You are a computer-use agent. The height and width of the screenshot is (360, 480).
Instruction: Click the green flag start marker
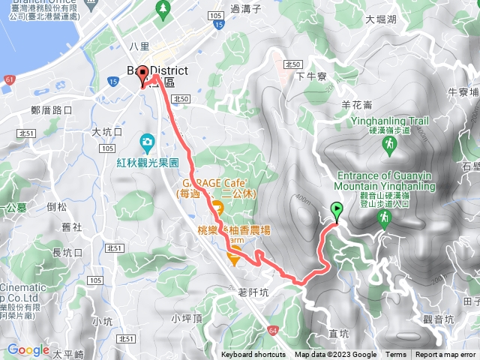coord(336,211)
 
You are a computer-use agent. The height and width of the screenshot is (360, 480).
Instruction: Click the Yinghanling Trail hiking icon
coord(388,148)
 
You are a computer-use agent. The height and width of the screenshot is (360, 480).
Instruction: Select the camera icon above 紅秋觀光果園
coord(148,141)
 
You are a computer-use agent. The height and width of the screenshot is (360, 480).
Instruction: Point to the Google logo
coord(28,349)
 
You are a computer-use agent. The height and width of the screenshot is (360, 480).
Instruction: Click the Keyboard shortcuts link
coord(253,355)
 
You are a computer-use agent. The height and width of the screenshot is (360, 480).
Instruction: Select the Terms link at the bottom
coord(396,355)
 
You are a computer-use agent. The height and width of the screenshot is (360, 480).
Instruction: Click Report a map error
coord(447,355)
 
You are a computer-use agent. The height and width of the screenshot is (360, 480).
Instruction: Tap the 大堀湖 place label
coord(379,20)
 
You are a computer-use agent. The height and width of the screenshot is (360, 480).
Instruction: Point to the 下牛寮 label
coord(310,76)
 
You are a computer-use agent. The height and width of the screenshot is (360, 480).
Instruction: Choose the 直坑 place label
coord(340,326)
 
